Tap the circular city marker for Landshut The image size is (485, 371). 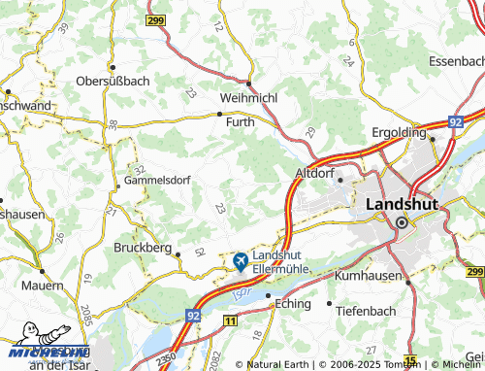[x=401, y=222]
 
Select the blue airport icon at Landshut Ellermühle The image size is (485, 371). [x=240, y=261]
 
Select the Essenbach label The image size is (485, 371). [x=455, y=59]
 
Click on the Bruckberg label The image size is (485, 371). [x=144, y=247]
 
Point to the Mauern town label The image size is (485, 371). [x=44, y=287]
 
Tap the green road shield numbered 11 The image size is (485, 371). [x=229, y=320]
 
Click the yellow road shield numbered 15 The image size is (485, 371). [x=411, y=362]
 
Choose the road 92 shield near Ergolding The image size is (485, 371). [x=455, y=122]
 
